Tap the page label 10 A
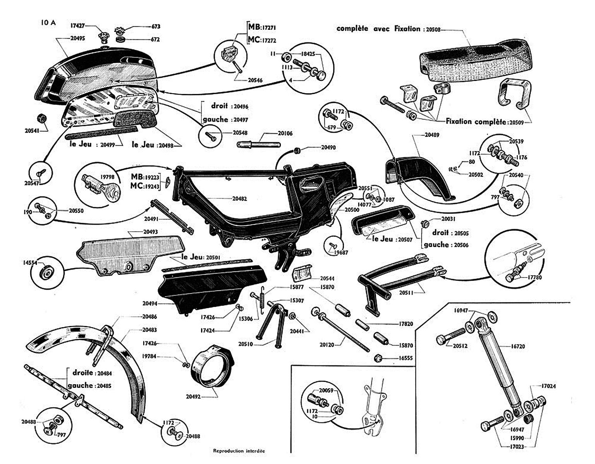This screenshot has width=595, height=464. tap(48, 22)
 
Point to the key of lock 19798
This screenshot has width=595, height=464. tap(112, 193)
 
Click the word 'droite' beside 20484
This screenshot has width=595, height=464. tap(83, 373)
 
